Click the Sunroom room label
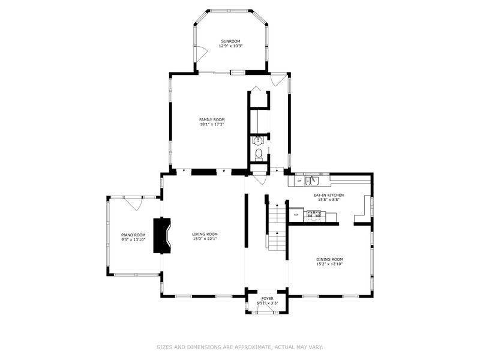[x=230, y=41]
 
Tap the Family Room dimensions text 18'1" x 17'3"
[x=212, y=124]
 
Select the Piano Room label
[x=133, y=235]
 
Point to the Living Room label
[x=205, y=234]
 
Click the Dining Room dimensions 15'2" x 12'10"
[x=329, y=263]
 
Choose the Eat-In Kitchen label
[x=328, y=195]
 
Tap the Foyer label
[x=267, y=298]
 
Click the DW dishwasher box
[x=299, y=181]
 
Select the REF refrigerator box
[x=296, y=215]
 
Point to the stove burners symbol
[x=314, y=215]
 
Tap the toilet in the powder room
[x=259, y=155]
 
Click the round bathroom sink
[x=258, y=141]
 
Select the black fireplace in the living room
[x=161, y=235]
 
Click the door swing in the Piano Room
[x=133, y=204]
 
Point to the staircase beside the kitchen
[x=277, y=227]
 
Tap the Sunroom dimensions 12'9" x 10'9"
[x=230, y=46]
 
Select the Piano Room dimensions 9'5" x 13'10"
[x=133, y=239]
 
